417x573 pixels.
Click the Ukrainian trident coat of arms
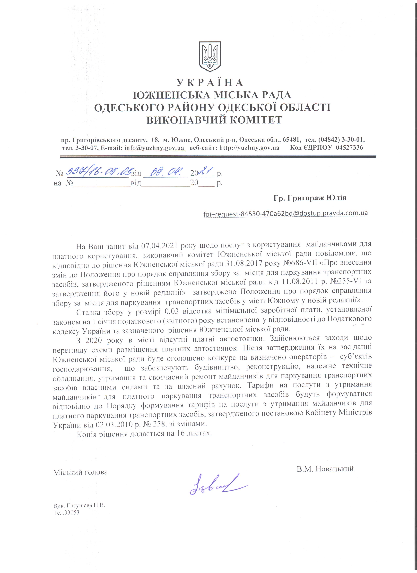(x=210, y=56)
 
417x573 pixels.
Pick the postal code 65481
(x=292, y=140)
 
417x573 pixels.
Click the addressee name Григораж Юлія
(x=317, y=198)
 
